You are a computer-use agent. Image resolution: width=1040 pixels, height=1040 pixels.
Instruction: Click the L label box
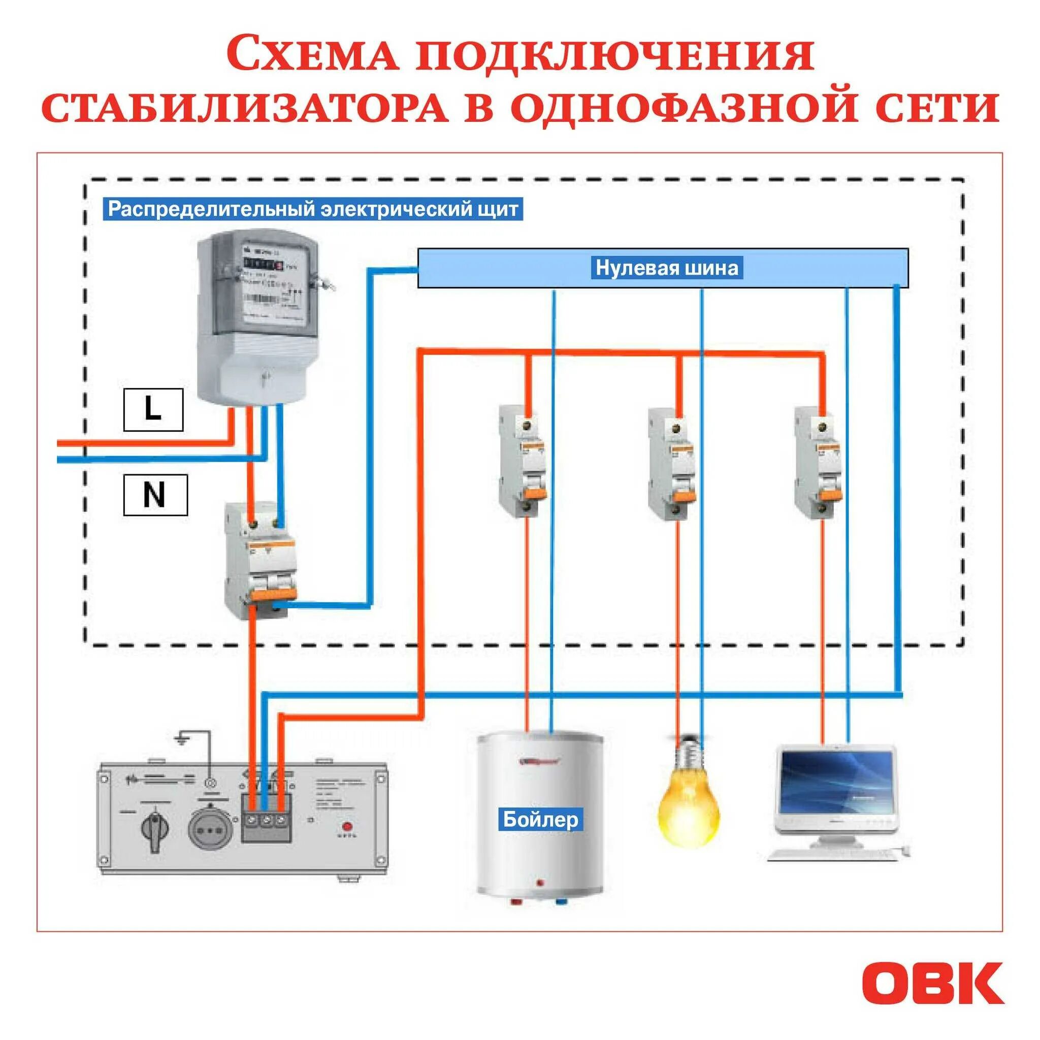point(153,410)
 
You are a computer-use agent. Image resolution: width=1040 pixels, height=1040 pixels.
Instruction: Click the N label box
point(155,494)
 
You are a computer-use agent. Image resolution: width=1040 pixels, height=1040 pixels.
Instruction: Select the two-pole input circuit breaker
point(260,560)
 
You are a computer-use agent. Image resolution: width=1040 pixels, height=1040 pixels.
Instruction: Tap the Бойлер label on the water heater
point(540,819)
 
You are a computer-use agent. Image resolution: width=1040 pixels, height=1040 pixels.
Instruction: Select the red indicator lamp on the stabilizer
point(347,826)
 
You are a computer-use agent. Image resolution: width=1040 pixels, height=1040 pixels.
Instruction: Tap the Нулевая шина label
point(666,268)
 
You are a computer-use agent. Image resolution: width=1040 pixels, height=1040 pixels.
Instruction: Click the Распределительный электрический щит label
point(313,209)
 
